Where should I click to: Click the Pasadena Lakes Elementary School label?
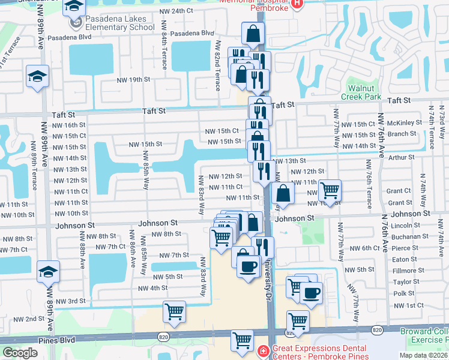pos(119,23)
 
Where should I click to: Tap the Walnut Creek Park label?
pos(361,92)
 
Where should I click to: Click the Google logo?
pos(20,353)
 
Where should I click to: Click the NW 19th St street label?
pos(131,79)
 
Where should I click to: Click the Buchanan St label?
pos(406,237)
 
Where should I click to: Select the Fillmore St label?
pos(405,271)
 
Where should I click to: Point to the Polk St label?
pos(404,293)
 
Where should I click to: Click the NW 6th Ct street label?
pos(377,248)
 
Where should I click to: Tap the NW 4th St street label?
pos(152,288)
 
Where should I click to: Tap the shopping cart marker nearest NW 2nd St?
pos(174,311)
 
